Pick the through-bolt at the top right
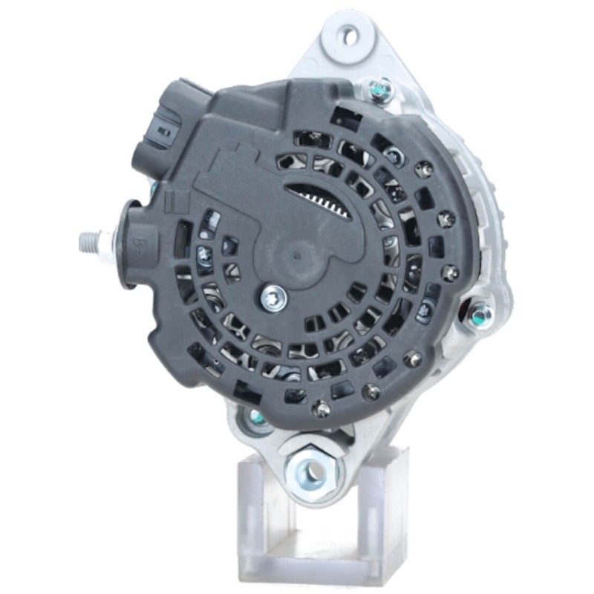click(380, 90)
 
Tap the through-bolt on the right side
click(480, 315)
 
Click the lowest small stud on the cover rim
click(322, 407)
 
